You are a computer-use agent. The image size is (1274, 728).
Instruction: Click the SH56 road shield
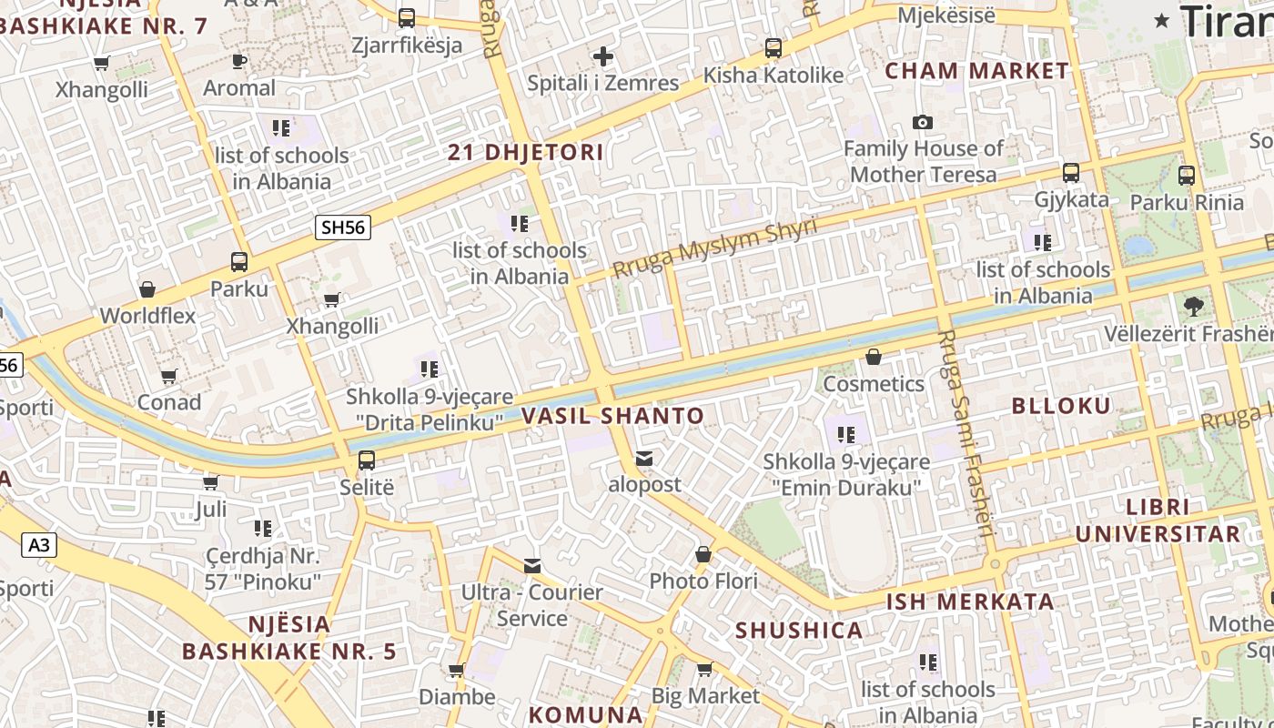tap(343, 227)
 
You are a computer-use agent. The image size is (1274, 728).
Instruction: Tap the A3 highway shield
tap(39, 545)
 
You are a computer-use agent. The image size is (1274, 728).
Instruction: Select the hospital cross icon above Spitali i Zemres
tap(602, 56)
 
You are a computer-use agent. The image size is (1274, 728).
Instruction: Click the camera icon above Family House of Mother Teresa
tap(923, 122)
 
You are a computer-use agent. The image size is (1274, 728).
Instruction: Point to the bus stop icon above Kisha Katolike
tap(773, 48)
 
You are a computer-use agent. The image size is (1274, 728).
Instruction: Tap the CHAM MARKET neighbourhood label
tap(976, 71)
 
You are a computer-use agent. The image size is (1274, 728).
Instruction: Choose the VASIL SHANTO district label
tap(613, 417)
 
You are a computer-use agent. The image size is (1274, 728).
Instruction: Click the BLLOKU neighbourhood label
tap(1061, 407)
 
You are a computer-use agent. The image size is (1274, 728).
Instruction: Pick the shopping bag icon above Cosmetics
tap(874, 357)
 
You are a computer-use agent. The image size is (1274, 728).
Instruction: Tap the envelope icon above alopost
tap(644, 459)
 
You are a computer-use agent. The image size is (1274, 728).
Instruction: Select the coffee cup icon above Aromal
tap(239, 61)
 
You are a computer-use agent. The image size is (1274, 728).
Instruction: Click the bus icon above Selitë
tap(367, 460)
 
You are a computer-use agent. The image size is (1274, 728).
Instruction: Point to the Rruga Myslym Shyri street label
tap(715, 248)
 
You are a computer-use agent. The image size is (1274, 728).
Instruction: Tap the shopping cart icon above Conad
tap(169, 376)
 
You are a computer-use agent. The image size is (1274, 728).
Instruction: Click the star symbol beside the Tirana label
tap(1162, 21)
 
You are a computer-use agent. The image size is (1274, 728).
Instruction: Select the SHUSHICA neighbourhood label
tap(799, 631)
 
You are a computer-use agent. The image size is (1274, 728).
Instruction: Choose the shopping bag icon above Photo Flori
tap(703, 554)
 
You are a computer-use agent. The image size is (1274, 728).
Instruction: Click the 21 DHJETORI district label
tap(525, 153)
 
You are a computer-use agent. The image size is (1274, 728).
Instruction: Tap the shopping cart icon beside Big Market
tap(704, 670)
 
